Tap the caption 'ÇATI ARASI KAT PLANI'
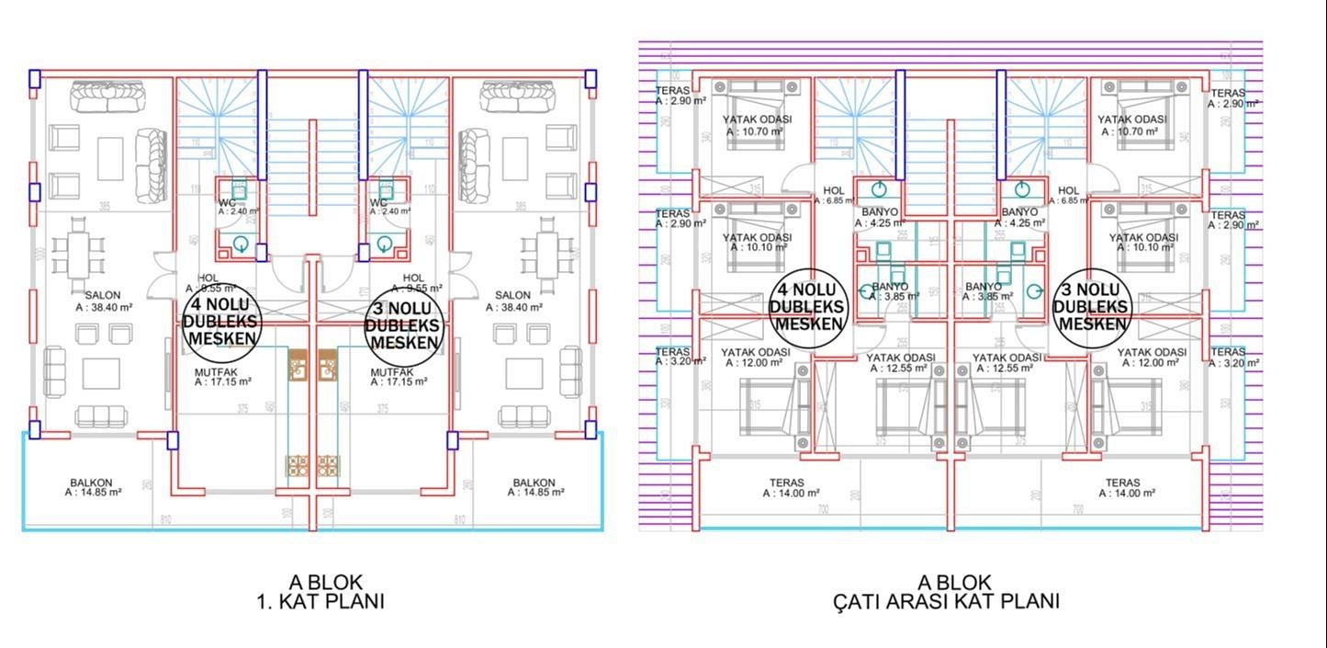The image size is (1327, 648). [946, 602]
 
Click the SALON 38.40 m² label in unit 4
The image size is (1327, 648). [104, 301]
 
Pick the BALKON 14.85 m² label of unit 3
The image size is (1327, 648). [534, 487]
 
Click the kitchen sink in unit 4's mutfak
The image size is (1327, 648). [298, 366]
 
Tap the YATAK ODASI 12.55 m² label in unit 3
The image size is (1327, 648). [1007, 362]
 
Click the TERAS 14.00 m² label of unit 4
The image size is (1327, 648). [787, 487]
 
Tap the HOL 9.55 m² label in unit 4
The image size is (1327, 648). [208, 282]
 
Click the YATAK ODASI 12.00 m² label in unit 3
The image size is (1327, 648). [1152, 358]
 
